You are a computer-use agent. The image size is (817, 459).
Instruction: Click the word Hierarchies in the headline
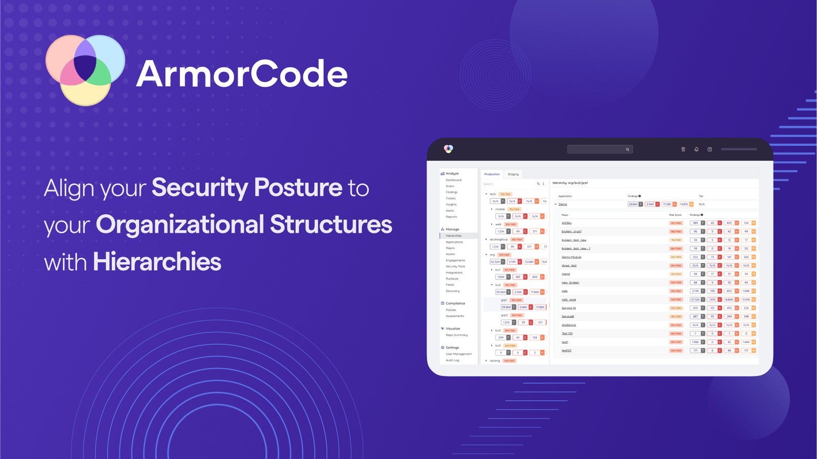(157, 262)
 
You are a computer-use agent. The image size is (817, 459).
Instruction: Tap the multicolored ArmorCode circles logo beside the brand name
(85, 70)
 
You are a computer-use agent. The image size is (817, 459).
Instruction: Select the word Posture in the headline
(298, 188)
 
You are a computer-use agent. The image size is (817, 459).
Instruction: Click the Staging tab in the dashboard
(513, 174)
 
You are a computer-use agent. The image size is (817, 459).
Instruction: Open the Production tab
(492, 174)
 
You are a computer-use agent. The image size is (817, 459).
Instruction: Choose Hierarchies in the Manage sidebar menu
(453, 236)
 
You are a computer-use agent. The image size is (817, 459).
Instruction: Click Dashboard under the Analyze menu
(453, 180)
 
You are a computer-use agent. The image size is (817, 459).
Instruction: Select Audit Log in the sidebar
(452, 360)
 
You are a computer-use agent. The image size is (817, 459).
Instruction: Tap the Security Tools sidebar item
(455, 266)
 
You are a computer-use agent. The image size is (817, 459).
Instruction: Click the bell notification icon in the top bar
(696, 149)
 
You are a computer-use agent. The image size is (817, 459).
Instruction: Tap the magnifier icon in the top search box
(628, 149)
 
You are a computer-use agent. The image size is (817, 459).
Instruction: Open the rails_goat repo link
(568, 299)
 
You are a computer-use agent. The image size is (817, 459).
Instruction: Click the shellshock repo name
(568, 325)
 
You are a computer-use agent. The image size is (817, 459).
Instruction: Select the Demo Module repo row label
(571, 257)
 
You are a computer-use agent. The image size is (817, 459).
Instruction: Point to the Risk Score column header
(675, 215)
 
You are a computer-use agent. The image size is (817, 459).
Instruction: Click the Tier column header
(701, 196)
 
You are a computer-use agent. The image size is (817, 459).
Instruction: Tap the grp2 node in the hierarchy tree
(504, 315)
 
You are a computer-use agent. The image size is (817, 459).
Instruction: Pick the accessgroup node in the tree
(498, 239)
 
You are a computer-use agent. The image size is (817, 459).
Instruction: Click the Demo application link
(563, 204)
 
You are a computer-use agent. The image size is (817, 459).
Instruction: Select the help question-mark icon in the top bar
(710, 149)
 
